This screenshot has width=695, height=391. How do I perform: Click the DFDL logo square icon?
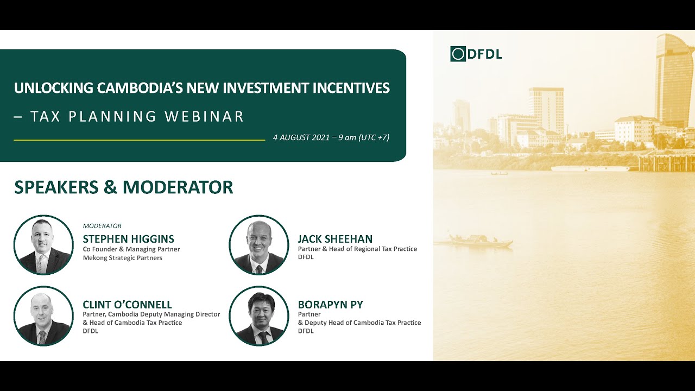[458, 54]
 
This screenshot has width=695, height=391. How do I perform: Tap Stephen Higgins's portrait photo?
[43, 245]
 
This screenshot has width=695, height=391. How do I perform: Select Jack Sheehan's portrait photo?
[259, 245]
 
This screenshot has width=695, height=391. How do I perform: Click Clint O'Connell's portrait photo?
[43, 316]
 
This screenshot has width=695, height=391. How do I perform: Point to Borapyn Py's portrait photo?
[259, 316]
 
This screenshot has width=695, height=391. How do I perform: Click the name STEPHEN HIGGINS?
[128, 239]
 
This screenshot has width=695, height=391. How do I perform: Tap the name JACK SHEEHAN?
[335, 239]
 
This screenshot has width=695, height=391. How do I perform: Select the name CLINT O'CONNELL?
[127, 305]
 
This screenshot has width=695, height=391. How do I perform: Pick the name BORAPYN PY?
[330, 305]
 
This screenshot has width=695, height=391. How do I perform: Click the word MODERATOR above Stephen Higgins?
[102, 226]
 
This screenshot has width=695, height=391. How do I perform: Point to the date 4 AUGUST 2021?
[301, 137]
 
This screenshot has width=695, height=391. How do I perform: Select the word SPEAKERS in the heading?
[56, 187]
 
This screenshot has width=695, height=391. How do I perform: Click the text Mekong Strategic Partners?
[122, 258]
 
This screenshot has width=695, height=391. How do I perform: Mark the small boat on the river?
[481, 241]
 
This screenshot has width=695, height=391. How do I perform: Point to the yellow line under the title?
[139, 140]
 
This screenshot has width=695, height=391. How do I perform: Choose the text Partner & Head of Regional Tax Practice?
[357, 249]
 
